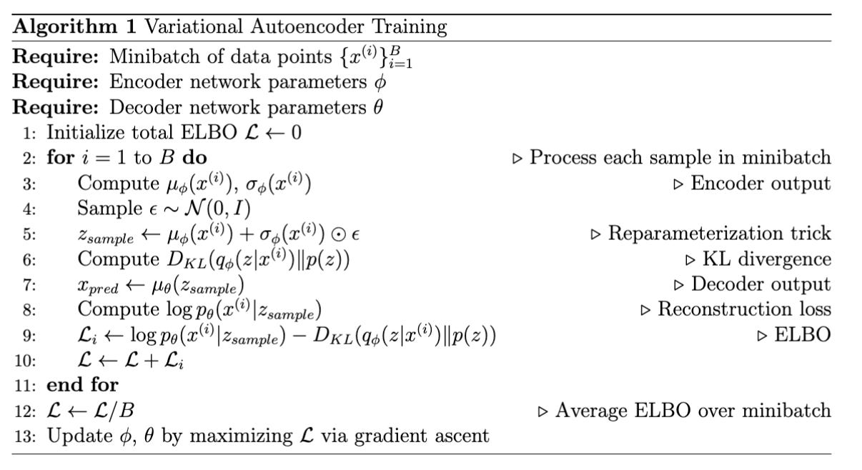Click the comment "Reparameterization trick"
(719, 234)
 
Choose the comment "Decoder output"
(760, 284)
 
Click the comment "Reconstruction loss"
(743, 309)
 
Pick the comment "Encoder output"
(760, 184)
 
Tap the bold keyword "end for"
(82, 385)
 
